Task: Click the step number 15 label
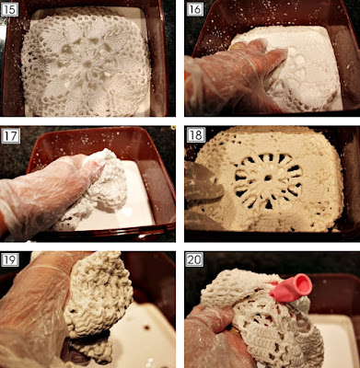[9, 9]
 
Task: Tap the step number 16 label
[195, 9]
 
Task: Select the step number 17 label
[11, 136]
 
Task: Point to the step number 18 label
[196, 134]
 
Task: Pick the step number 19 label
[10, 259]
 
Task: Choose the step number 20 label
[194, 259]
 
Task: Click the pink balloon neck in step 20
[292, 288]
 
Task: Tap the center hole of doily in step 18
[268, 178]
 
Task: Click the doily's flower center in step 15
[87, 64]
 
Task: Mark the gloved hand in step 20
[215, 338]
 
